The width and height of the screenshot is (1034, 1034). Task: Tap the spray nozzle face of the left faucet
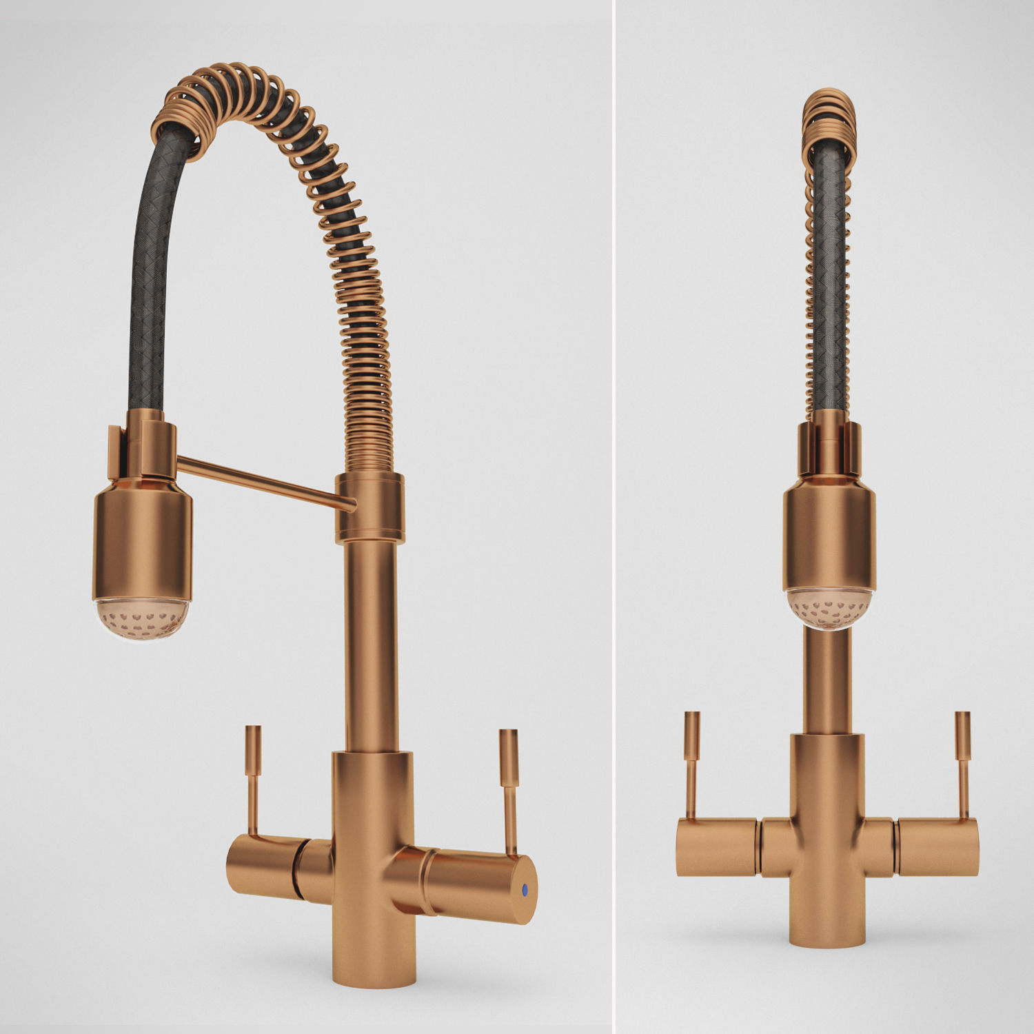point(142,618)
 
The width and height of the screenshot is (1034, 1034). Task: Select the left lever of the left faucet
point(254,779)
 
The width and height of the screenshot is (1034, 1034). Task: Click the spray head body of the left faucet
point(142,538)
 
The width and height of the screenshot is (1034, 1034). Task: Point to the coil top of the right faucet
point(829,114)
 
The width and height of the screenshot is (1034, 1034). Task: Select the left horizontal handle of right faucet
point(717,847)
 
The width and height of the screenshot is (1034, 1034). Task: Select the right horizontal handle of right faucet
point(937,847)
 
